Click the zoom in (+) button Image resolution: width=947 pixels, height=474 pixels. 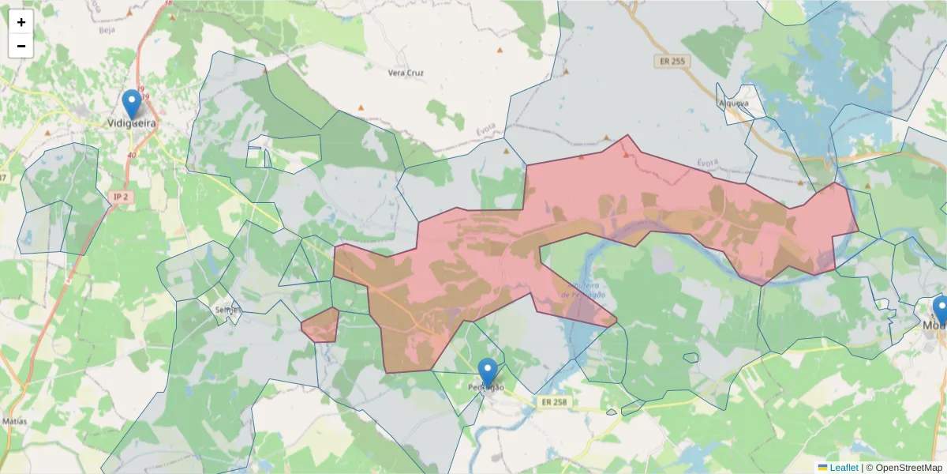tap(21, 22)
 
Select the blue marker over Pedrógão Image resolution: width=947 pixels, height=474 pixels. tap(488, 372)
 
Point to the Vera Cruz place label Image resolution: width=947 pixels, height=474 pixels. tap(406, 73)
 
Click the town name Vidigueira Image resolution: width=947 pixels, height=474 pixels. tap(132, 123)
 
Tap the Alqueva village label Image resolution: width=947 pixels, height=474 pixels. tap(732, 103)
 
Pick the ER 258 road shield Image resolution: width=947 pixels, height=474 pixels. tap(554, 402)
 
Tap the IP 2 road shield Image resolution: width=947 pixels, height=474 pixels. tap(120, 195)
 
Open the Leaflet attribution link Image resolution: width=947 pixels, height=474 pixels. tap(844, 467)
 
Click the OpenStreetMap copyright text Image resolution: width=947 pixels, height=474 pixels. tap(904, 467)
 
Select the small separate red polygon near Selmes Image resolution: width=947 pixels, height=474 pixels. tap(321, 325)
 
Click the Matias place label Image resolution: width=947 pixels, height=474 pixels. tap(14, 421)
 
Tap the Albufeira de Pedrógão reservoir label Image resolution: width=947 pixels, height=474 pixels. tap(582, 289)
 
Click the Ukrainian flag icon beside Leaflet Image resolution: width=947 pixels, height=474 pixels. tap(822, 467)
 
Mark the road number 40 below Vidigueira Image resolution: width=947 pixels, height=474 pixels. tap(132, 155)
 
